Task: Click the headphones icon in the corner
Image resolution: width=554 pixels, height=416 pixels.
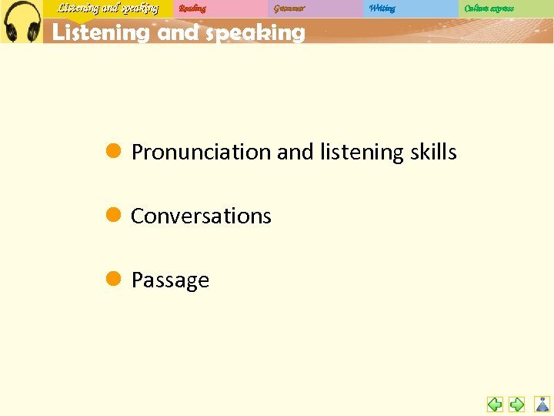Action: (x=21, y=22)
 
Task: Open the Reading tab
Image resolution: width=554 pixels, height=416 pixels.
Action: (x=192, y=8)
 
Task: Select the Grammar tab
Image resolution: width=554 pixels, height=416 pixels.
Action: (x=289, y=8)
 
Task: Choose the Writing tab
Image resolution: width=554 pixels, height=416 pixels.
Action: (x=382, y=8)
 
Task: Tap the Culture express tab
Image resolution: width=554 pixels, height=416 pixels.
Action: (x=489, y=8)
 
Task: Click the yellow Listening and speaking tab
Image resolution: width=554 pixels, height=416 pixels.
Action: (x=108, y=8)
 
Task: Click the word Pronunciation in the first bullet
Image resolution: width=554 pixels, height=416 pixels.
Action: (x=201, y=153)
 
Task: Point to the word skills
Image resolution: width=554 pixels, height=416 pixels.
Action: (x=432, y=153)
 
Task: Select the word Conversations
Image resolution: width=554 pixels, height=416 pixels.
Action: (x=201, y=216)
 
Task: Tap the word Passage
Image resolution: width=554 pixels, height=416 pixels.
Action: (x=170, y=280)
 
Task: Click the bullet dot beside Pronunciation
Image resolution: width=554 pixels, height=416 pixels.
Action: (x=112, y=151)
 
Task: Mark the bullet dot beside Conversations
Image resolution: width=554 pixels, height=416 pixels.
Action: (x=112, y=215)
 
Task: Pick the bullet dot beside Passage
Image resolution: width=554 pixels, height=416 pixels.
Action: (x=112, y=279)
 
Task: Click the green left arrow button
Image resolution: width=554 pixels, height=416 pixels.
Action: (x=495, y=404)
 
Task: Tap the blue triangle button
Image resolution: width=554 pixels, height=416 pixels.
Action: (x=542, y=404)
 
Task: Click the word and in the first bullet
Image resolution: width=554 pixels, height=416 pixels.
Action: (x=295, y=153)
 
